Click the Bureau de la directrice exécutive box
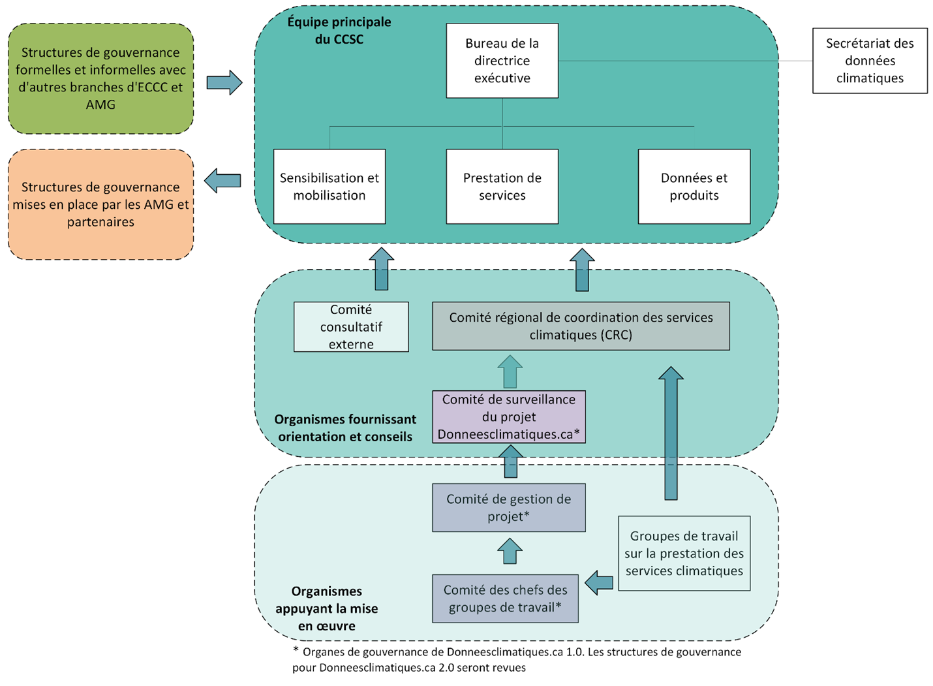coord(502,61)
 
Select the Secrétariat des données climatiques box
coord(870,61)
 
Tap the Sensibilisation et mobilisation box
coord(329,187)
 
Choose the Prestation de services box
coord(502,187)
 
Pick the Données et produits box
coord(694,187)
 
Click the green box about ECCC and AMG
coord(100,79)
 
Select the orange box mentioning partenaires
coord(100,205)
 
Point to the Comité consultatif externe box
coord(351,327)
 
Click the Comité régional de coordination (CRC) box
coord(581,326)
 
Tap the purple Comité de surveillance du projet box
coord(508,417)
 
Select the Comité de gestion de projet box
coord(508,508)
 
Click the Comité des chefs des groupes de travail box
coord(505,599)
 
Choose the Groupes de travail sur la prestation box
coord(684,553)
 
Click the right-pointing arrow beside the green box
coord(224,82)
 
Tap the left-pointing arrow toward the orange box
coord(222,181)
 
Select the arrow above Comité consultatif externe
coord(382,269)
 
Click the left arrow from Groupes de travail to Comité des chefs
coord(599,583)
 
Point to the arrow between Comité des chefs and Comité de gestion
coord(510,551)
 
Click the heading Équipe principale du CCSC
coord(339,31)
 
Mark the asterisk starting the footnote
coord(296,649)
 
